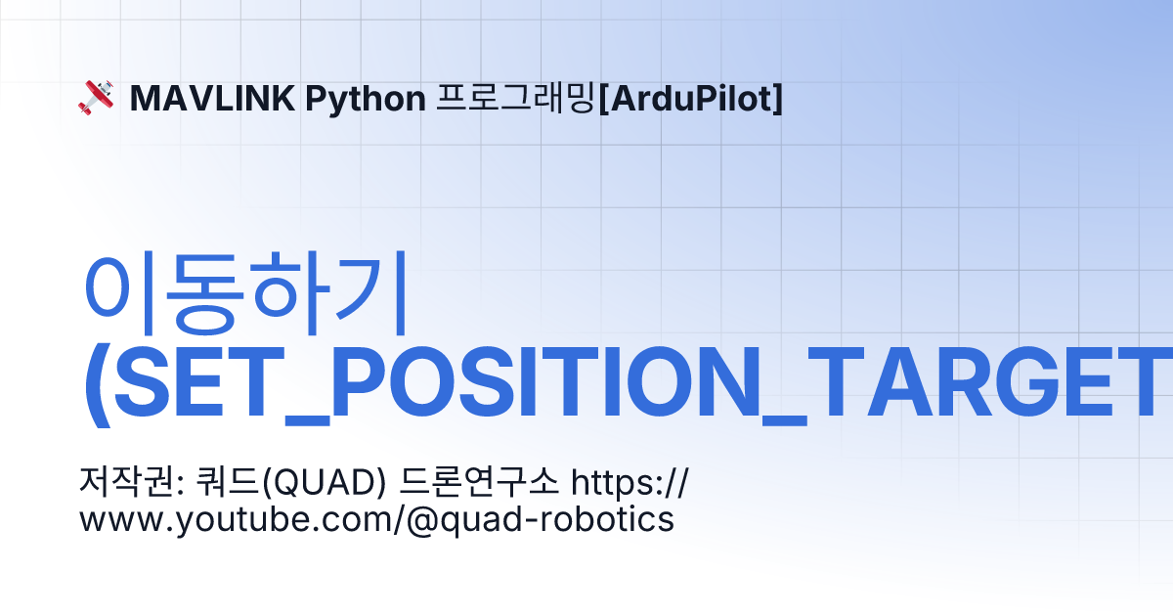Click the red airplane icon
pos(97,98)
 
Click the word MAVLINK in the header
pos(212,99)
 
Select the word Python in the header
pos(366,100)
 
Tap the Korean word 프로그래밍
pos(516,99)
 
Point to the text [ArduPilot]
pos(690,99)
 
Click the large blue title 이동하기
pos(246,293)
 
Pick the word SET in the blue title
pos(193,381)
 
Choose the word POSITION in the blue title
pos(545,381)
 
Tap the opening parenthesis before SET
pos(98,385)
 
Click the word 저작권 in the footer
pos(126,482)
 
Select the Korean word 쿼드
pos(227,482)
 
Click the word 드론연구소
pos(479,482)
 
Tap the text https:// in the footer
pos(630,483)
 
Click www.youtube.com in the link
pos(236,520)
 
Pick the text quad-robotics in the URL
pos(557,520)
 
